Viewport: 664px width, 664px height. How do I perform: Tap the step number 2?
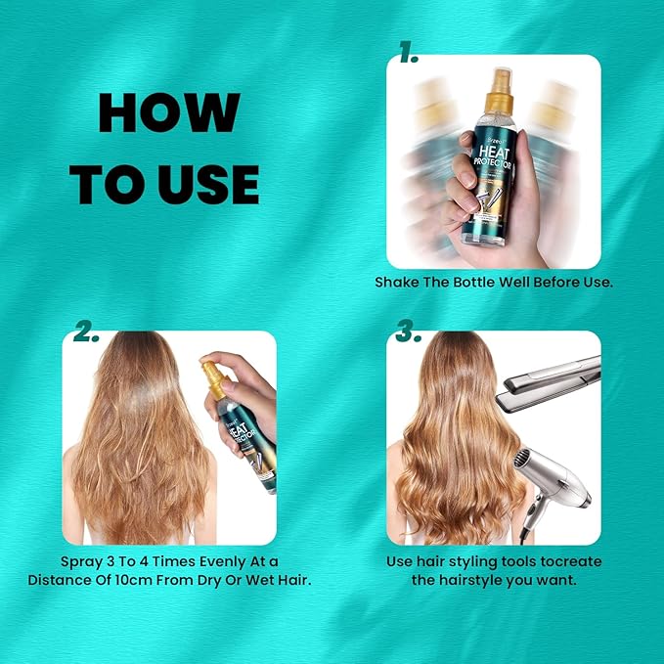point(85,332)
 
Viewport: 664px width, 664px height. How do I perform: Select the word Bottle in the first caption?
point(469,283)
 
